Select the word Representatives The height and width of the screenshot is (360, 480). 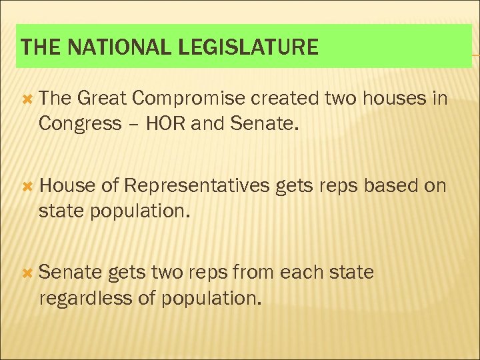click(196, 185)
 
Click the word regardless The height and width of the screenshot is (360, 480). click(86, 297)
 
